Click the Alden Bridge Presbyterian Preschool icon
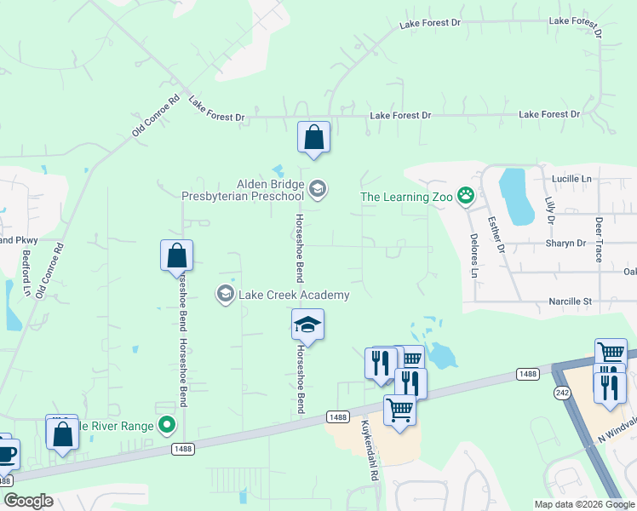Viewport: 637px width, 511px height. tap(318, 188)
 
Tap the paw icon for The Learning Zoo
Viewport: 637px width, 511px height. tap(466, 197)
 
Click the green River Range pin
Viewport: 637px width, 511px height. tap(168, 424)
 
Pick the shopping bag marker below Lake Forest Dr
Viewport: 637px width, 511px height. tap(313, 137)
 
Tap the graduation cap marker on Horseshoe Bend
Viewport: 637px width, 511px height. tap(307, 324)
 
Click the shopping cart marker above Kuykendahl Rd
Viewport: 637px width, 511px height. tap(399, 410)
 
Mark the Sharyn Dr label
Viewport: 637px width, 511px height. tap(566, 243)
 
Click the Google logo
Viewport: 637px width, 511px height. tap(28, 501)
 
